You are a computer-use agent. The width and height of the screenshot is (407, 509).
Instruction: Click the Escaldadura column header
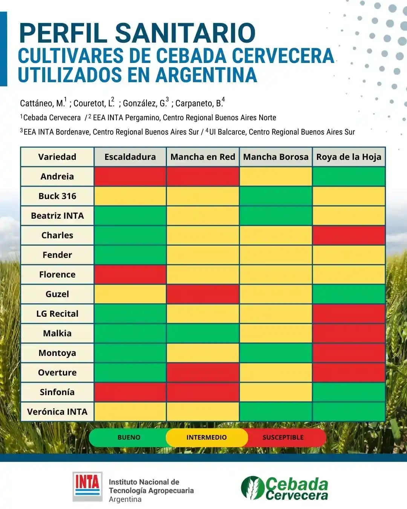[x=130, y=157]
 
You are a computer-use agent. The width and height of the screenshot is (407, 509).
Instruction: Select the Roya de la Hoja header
[x=349, y=157]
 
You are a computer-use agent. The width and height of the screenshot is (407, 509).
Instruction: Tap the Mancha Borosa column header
[x=275, y=157]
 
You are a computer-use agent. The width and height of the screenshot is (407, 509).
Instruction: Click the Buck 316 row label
[x=57, y=196]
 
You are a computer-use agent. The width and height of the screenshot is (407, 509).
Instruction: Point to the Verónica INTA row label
[x=57, y=412]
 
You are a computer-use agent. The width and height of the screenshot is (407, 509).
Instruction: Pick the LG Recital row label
[x=57, y=314]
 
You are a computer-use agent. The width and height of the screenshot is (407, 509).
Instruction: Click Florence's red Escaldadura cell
[x=130, y=274]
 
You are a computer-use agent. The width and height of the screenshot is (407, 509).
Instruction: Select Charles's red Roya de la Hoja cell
[x=349, y=235]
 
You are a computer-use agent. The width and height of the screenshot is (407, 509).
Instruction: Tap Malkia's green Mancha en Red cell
[x=203, y=333]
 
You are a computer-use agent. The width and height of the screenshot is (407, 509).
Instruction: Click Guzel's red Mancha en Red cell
[x=203, y=294]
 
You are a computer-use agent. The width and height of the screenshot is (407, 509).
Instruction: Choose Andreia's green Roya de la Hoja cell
[x=349, y=176]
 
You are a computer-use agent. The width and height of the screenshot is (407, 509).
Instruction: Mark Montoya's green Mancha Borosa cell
[x=275, y=353]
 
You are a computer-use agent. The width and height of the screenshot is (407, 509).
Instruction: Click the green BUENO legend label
[x=129, y=437]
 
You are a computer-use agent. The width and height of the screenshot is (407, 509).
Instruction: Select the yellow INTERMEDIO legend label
[x=207, y=437]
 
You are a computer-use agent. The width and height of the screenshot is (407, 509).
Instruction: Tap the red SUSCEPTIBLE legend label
[x=283, y=437]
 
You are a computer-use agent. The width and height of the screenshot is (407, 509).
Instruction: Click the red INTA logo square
[x=87, y=486]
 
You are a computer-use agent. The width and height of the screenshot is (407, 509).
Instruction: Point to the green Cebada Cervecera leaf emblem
[x=252, y=488]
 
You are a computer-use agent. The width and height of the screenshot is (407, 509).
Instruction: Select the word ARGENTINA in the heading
[x=206, y=75]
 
